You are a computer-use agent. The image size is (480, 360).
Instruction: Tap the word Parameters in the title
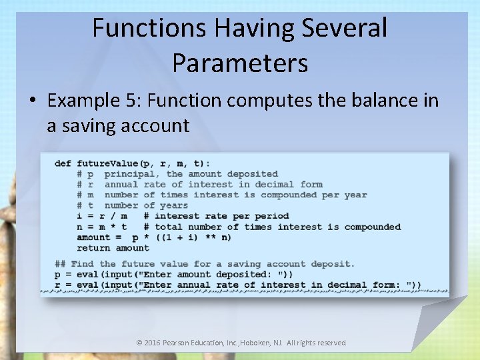point(240,63)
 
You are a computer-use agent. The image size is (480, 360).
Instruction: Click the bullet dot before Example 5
point(33,101)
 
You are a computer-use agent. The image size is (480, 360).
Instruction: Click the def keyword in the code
point(63,163)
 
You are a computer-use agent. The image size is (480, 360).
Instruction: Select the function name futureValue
point(107,163)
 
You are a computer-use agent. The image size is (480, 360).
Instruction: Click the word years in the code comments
point(174,205)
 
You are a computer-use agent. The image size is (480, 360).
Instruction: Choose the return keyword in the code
point(93,248)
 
